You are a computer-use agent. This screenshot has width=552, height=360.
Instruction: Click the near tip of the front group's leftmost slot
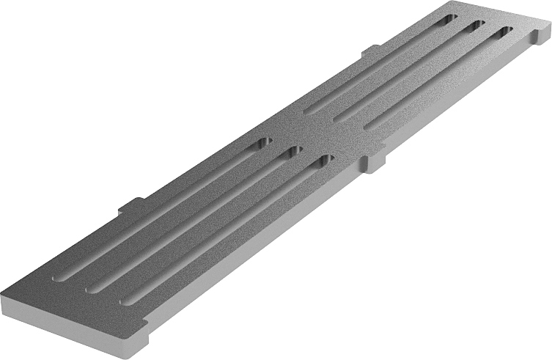57,279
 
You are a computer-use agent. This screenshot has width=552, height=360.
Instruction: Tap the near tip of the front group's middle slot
89,290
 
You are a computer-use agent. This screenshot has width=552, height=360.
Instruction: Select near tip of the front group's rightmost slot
122,299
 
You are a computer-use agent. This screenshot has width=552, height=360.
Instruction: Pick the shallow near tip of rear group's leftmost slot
308,112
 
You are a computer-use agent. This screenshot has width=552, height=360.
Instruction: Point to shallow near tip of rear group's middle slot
336,120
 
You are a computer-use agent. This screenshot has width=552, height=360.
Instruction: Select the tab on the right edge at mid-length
373,164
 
